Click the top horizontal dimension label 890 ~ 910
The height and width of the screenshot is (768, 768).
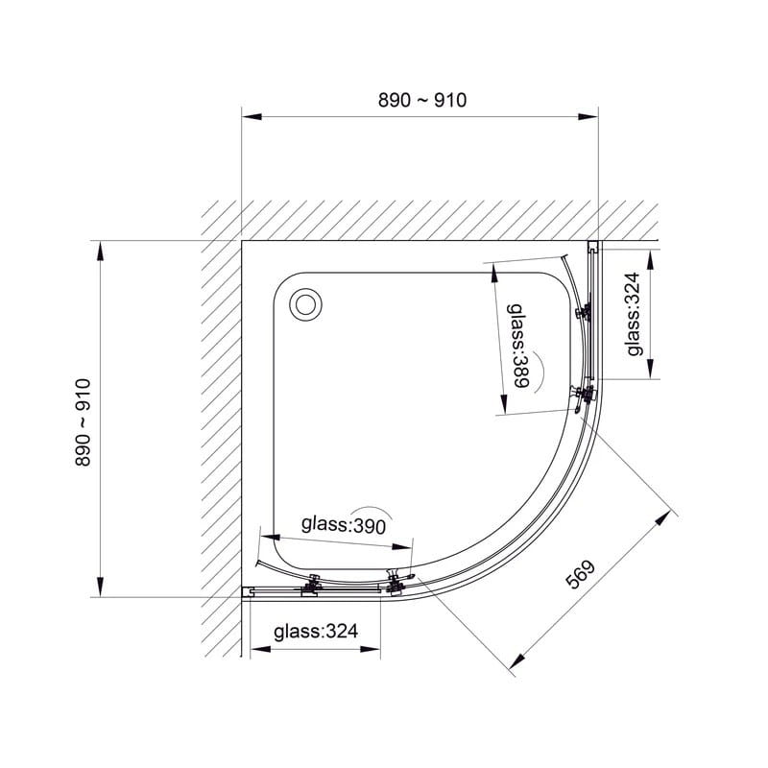tap(422, 100)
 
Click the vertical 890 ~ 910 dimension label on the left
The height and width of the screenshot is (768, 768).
tap(84, 422)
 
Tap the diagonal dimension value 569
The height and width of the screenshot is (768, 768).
tap(581, 573)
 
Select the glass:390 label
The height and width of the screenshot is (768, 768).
tap(344, 525)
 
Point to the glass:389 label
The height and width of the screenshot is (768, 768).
tap(517, 346)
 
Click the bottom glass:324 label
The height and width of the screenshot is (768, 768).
tap(316, 632)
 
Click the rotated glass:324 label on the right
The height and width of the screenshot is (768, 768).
tap(634, 314)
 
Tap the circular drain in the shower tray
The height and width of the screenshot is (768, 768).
tap(306, 304)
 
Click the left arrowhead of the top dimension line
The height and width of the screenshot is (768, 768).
tap(252, 116)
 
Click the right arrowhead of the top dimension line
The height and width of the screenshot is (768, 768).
tap(588, 116)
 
